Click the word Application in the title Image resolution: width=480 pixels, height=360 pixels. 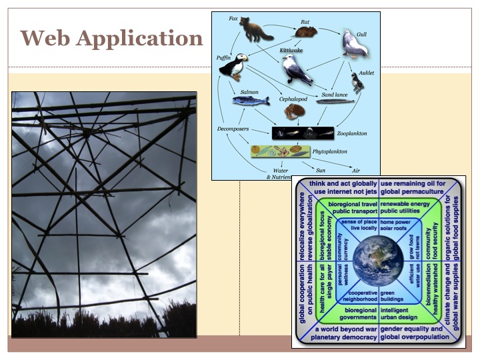click(139, 39)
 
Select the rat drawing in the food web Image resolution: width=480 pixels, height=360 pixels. click(307, 31)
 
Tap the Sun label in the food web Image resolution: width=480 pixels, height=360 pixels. click(320, 170)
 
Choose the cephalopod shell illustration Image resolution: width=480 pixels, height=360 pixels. click(294, 111)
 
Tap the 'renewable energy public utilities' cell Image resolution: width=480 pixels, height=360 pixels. click(407, 209)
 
